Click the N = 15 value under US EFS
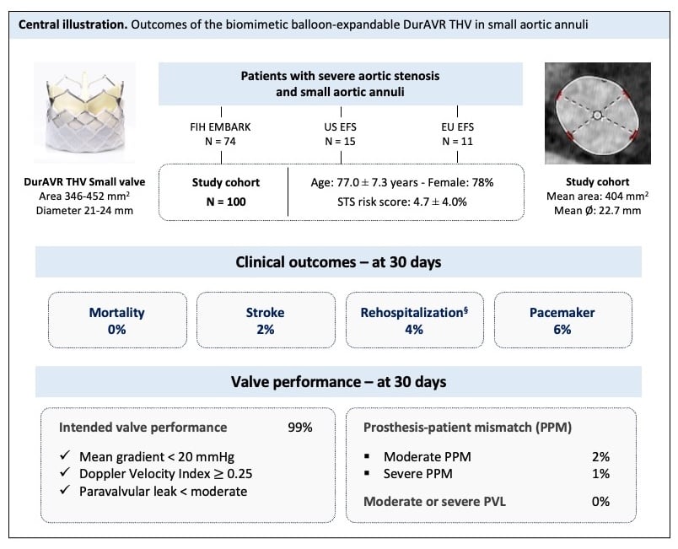click(342, 140)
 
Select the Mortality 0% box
click(116, 320)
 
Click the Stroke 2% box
click(264, 320)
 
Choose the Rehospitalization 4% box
click(413, 320)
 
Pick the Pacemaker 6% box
click(562, 320)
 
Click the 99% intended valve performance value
click(300, 428)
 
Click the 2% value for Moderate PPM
click(600, 456)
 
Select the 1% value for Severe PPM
click(600, 474)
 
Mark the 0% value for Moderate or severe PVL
click(600, 502)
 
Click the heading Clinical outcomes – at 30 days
click(339, 262)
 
